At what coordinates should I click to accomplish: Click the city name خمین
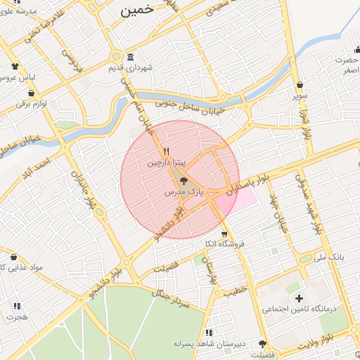click(136, 10)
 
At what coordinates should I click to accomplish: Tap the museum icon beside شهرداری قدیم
click(130, 57)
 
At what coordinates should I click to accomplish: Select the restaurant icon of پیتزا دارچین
click(167, 150)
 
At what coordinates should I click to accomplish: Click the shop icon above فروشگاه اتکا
click(224, 234)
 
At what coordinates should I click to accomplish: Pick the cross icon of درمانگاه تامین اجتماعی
click(299, 299)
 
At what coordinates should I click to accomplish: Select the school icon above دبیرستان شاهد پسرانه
click(208, 332)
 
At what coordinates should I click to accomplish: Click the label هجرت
click(15, 317)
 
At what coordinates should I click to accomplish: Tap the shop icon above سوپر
click(300, 84)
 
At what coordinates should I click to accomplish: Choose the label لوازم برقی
click(30, 104)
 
